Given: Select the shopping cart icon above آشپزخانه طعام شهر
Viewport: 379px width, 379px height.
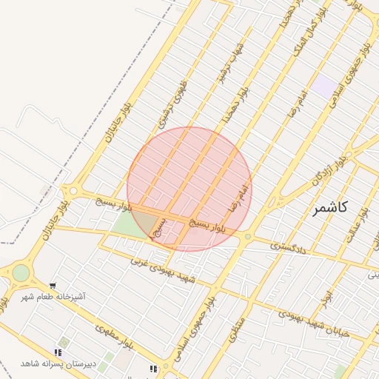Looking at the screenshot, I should pyautogui.click(x=53, y=285).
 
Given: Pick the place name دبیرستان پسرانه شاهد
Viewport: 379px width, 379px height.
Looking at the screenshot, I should pyautogui.click(x=58, y=363).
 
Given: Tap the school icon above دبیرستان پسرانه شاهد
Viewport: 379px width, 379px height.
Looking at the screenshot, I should pyautogui.click(x=58, y=352).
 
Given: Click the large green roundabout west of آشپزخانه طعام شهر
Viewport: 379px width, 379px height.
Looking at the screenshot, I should pyautogui.click(x=21, y=273).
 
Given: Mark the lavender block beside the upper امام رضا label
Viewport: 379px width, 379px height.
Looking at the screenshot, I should pyautogui.click(x=323, y=85).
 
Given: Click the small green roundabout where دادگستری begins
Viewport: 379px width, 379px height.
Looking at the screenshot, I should pyautogui.click(x=248, y=237).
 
